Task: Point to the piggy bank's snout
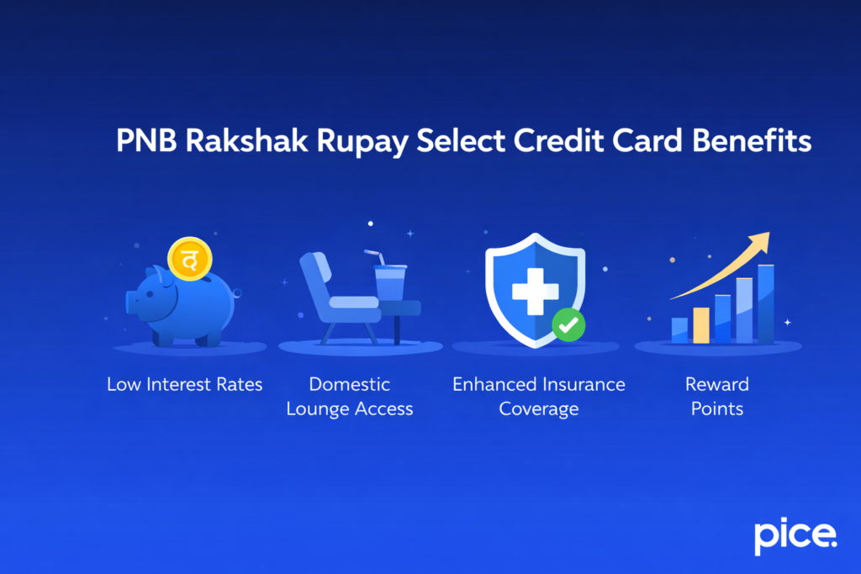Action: point(133,301)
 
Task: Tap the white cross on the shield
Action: point(536,291)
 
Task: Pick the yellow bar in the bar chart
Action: point(700,324)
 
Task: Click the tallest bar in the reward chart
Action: point(765,303)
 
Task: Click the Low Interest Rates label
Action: point(185,384)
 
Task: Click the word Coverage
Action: point(539,409)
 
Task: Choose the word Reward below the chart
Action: point(716,384)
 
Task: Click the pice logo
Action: point(795,535)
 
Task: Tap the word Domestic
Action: point(350,384)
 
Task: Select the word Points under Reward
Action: point(716,409)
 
